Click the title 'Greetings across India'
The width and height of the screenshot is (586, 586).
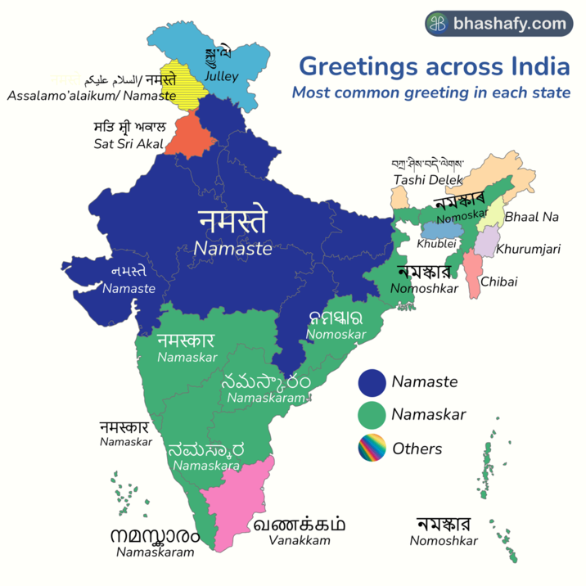434,65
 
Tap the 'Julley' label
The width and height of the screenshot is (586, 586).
222,77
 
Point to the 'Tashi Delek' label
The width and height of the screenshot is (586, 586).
427,179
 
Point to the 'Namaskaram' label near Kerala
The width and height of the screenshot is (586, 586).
156,552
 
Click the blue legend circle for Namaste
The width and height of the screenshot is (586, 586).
372,381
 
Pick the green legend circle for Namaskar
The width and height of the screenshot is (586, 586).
372,415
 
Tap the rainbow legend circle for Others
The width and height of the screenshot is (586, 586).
372,449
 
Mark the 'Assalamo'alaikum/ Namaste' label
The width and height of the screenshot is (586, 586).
92,96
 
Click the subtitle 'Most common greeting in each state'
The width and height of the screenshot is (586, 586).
431,92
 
